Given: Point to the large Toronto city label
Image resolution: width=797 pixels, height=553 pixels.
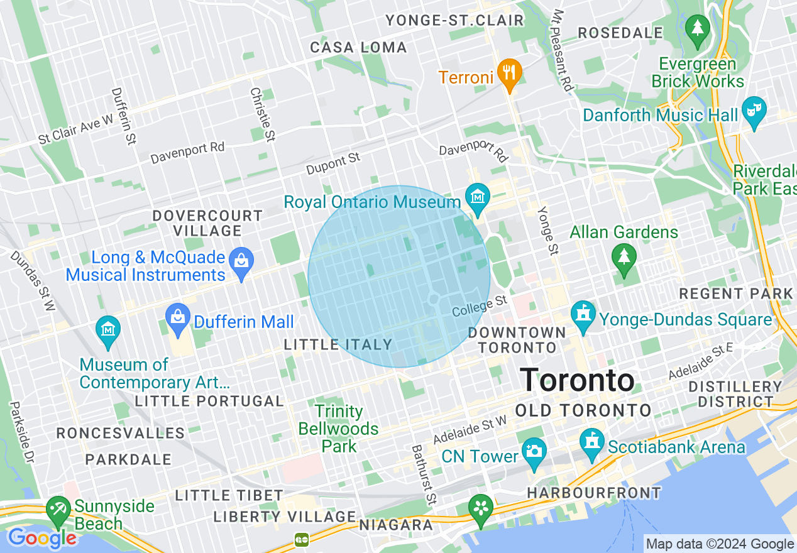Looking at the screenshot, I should (578, 380).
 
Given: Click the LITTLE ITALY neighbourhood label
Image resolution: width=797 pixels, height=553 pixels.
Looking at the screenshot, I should (338, 344).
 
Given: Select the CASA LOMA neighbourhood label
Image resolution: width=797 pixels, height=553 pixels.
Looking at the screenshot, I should (358, 48).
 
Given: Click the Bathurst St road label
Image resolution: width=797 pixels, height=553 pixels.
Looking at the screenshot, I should (423, 475).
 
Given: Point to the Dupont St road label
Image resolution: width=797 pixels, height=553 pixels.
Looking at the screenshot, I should (333, 164).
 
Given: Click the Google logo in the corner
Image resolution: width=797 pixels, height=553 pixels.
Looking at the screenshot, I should (41, 538).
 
